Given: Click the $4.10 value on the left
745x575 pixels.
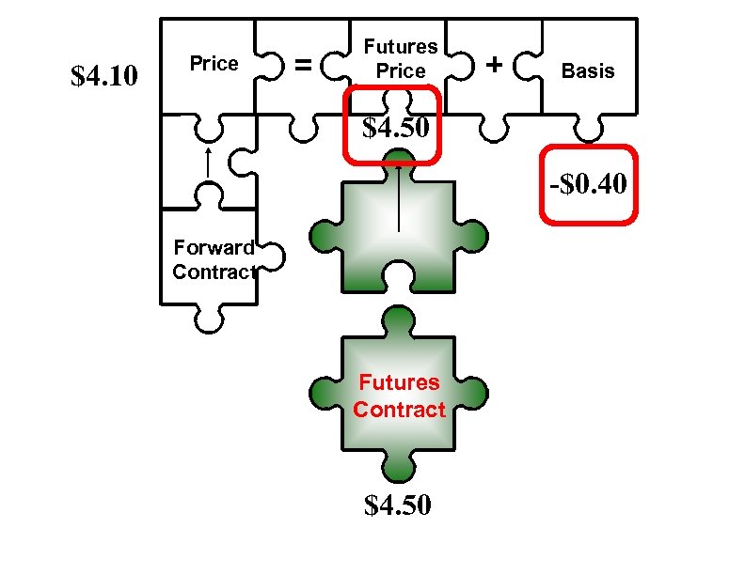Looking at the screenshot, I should (105, 74).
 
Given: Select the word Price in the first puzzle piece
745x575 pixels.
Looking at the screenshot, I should (214, 64).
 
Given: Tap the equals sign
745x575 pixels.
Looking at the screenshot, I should (302, 65).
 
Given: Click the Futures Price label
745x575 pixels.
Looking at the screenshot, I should (401, 58).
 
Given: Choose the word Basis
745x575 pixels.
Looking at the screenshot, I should (588, 70).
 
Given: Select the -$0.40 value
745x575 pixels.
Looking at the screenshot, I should (588, 184).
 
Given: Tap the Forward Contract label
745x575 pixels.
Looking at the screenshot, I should (214, 260).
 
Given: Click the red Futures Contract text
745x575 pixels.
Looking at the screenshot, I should (399, 396).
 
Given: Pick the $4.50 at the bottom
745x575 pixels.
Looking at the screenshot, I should (399, 505).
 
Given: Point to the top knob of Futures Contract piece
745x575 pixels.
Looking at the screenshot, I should (399, 320).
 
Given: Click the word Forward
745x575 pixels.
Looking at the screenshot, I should (213, 248).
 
